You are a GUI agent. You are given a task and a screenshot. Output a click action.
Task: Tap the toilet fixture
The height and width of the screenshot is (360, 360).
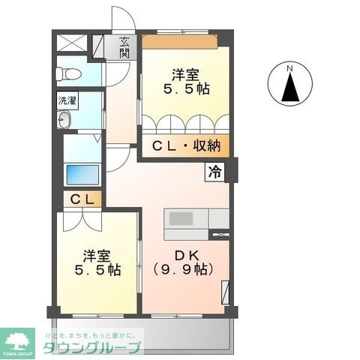(67, 73)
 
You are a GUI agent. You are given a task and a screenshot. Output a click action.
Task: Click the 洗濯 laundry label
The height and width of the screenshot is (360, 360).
(66, 100)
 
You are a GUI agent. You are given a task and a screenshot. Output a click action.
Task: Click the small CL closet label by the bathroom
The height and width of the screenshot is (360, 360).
(82, 200)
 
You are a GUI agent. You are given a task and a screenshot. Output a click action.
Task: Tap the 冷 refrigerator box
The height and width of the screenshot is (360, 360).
(215, 172)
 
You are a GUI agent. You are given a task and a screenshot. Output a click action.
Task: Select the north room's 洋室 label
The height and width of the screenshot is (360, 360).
(185, 74)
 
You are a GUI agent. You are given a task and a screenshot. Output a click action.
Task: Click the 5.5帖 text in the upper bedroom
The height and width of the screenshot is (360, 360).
(185, 88)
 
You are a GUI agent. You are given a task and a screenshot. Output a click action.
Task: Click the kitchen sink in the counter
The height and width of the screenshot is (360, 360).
(181, 219)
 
